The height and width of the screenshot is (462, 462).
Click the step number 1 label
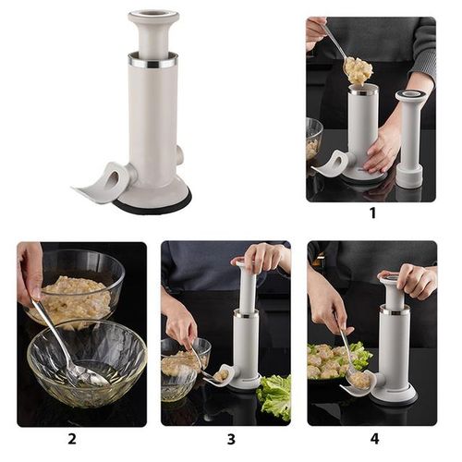coord(371,213)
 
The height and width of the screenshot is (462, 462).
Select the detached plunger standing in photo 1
coord(410,139)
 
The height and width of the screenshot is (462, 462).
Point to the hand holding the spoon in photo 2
coord(30,273)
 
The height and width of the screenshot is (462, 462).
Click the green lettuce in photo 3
coord(274,395)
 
